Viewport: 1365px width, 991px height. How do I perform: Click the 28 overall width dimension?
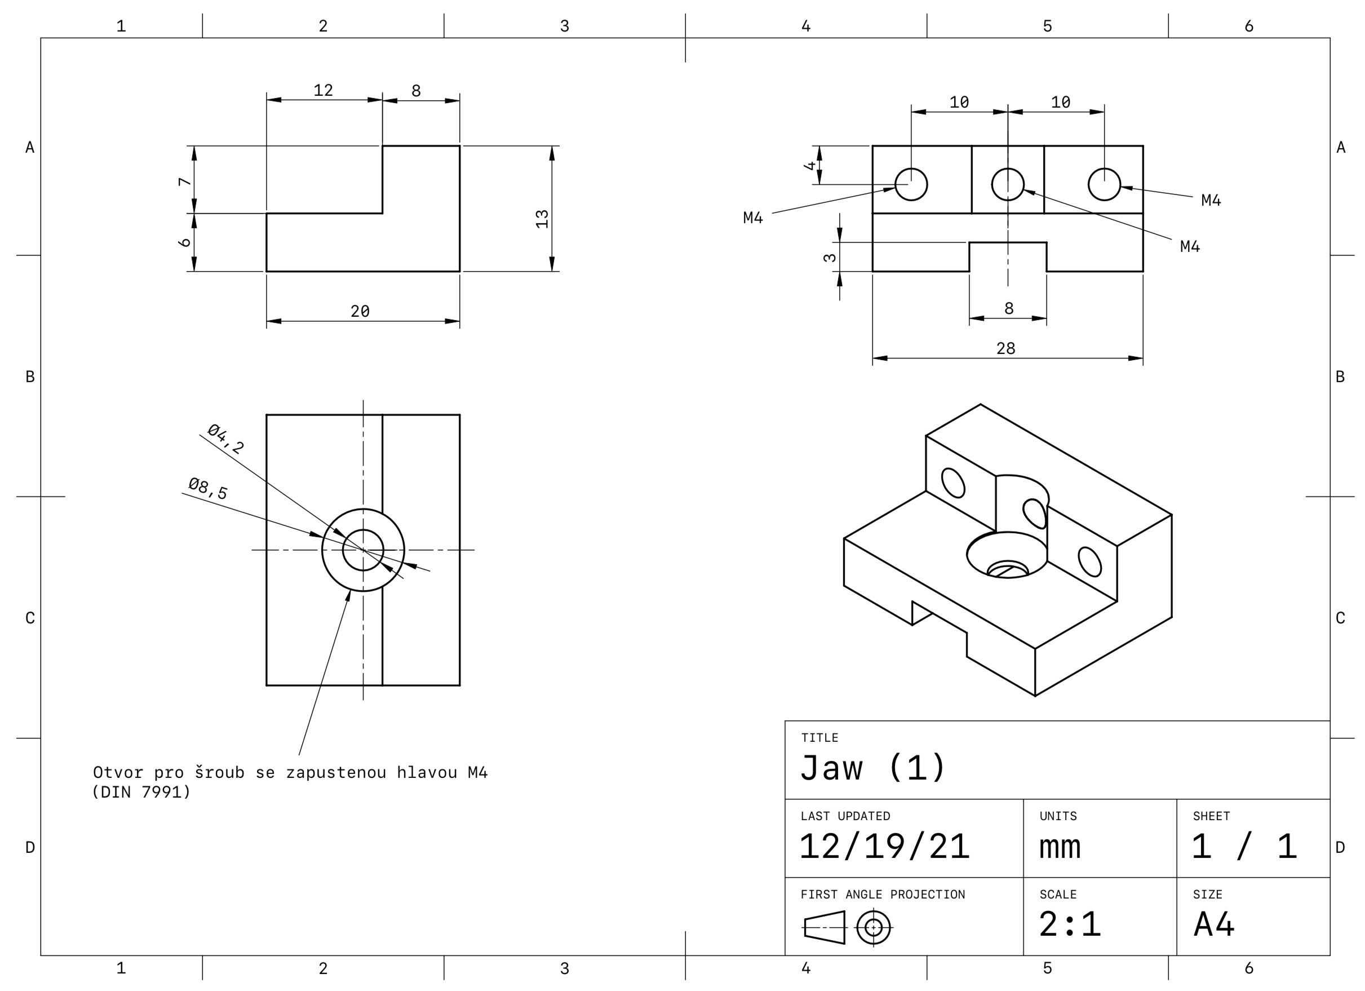point(1005,348)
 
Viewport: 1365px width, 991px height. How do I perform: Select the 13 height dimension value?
point(542,219)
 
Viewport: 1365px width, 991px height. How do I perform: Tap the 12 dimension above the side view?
point(323,90)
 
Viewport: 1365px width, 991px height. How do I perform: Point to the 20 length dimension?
point(360,311)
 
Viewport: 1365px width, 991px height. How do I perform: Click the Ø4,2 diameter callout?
point(225,439)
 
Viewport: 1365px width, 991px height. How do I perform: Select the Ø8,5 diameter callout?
point(208,488)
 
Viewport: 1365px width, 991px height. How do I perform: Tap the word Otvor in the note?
point(118,772)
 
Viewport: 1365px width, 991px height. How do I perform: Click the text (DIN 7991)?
point(141,793)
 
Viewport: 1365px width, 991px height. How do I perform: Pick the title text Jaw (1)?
point(872,768)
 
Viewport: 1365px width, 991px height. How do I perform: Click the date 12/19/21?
point(884,847)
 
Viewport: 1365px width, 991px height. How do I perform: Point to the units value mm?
point(1060,847)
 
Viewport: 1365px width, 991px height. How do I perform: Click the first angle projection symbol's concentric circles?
point(874,927)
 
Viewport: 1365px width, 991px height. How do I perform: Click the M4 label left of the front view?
point(753,218)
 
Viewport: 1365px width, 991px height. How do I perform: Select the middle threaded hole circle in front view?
point(1008,184)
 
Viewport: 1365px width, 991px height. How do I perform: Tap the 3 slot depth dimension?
point(830,258)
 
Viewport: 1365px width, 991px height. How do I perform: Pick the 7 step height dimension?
point(185,181)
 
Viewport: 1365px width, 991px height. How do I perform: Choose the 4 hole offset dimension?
point(810,166)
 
